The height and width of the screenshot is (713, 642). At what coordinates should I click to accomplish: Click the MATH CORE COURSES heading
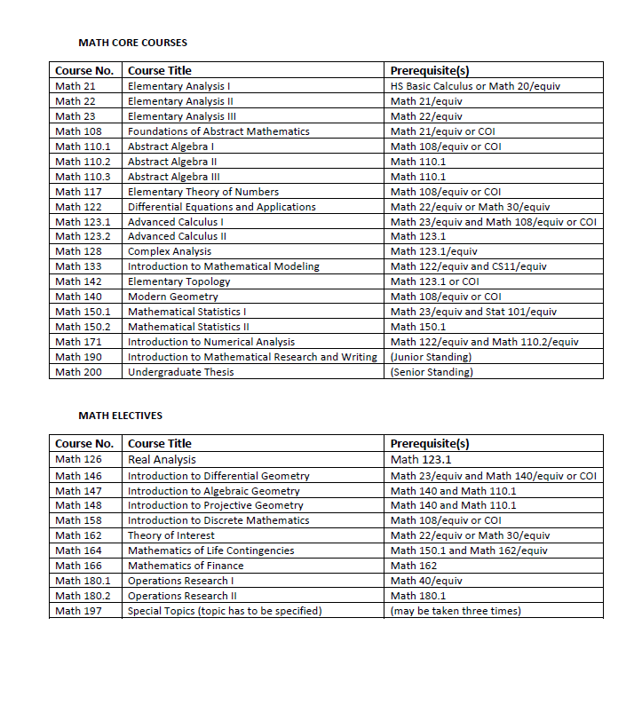point(132,43)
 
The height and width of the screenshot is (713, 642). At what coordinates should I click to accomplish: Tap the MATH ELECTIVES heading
point(120,416)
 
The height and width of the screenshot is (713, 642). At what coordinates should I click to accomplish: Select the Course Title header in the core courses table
point(160,70)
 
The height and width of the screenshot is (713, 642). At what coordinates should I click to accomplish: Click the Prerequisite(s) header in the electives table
point(430,443)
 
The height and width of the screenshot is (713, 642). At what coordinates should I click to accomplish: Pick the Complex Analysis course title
point(170,251)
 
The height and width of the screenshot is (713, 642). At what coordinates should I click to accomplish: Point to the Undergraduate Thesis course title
point(181,372)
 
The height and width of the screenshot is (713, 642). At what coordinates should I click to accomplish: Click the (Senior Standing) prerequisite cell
point(432,372)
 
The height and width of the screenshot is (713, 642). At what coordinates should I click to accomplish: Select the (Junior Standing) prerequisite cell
point(431,357)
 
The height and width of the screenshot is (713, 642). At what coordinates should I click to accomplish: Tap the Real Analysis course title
point(162,459)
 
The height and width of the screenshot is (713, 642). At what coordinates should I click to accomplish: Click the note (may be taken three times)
point(456,611)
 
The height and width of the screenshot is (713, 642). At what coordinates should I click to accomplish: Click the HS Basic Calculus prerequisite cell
point(475,86)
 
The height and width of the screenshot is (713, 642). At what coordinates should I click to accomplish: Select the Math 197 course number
point(78,611)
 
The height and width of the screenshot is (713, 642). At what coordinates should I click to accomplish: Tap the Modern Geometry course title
point(172,297)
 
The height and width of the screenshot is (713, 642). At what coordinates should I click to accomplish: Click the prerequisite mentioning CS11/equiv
point(468,266)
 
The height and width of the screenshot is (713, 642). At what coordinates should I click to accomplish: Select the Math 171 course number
point(78,342)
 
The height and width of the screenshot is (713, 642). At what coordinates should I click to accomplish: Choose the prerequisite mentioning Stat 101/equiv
point(473,312)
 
